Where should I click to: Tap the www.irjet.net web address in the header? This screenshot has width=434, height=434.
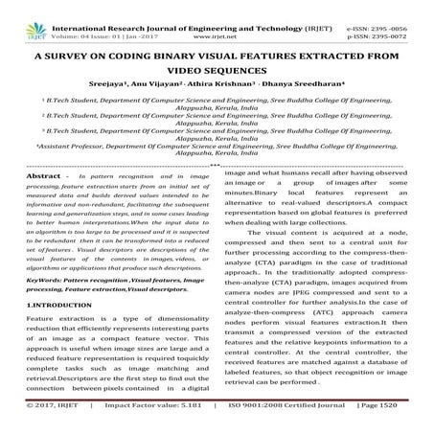point(224,16)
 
